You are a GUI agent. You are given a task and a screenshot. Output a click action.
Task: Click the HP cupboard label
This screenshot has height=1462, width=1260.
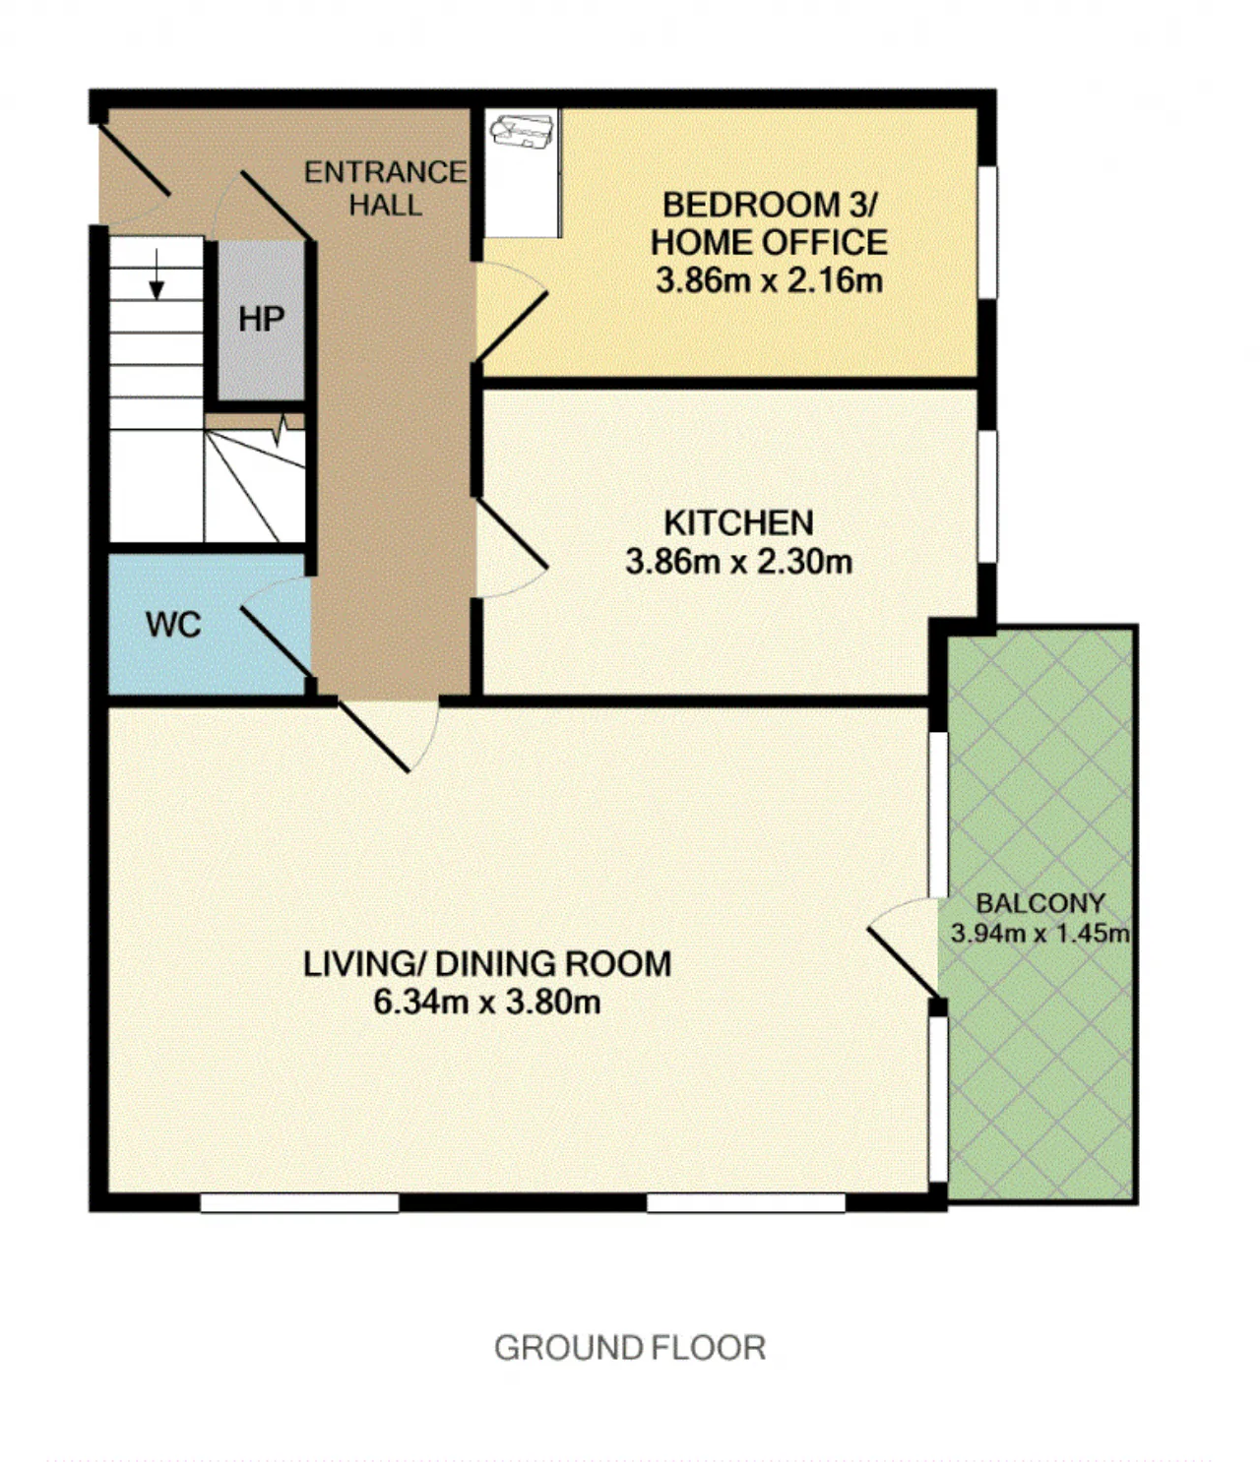pos(261,320)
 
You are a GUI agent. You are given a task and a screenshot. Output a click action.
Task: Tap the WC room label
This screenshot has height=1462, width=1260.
pos(173,626)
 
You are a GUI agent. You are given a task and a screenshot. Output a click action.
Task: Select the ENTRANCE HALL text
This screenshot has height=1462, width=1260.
pos(385,189)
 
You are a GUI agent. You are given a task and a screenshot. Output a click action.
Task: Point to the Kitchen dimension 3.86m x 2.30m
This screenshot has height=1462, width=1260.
pos(738,563)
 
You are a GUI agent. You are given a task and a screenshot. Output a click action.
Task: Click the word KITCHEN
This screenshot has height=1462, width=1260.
pos(738,523)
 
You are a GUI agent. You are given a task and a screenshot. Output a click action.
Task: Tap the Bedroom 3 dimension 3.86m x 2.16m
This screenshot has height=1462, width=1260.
pos(769,280)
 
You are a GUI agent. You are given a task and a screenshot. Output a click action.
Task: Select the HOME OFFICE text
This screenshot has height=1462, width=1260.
pos(769,243)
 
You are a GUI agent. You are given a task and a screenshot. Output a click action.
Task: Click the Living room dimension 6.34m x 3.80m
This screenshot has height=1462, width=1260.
pos(487,1003)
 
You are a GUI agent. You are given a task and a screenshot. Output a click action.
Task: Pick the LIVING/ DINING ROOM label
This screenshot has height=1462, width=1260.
pos(487,964)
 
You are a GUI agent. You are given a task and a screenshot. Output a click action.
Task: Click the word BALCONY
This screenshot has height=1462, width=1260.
pos(1039,903)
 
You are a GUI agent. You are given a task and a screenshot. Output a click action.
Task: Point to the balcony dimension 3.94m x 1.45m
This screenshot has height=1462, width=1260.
pos(1039,934)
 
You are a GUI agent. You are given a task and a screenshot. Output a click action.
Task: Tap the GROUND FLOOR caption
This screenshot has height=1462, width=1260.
pos(629,1348)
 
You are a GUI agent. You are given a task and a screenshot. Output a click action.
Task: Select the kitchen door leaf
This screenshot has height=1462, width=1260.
pos(513,534)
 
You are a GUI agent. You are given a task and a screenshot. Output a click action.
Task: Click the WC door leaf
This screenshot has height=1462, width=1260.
pos(276,640)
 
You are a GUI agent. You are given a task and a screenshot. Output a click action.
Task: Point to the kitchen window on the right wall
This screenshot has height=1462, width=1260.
pos(988,497)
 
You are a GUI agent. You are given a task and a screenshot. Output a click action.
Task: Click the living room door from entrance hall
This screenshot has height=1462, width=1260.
pos(372,736)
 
